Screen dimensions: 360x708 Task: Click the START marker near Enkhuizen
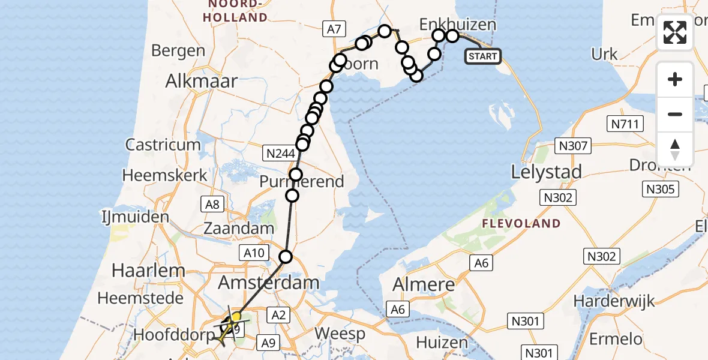[483, 56]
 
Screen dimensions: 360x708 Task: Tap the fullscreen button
[675, 32]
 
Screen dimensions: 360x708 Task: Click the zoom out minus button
[675, 114]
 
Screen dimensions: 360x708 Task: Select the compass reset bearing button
[675, 149]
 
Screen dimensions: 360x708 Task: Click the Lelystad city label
[546, 173]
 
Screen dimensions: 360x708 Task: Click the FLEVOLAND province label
[521, 224]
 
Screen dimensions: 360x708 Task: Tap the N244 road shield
[281, 154]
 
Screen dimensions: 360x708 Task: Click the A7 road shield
[333, 28]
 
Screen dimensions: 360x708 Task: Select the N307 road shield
[575, 145]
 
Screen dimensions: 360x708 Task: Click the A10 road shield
[253, 253]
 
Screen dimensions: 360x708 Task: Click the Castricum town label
[163, 145]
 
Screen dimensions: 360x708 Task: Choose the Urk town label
[604, 54]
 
